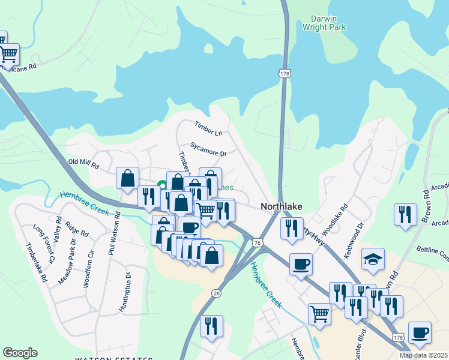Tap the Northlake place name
[x=281, y=206]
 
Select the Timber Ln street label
[x=208, y=127]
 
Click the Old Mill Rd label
[x=83, y=163]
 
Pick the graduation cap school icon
[x=373, y=259]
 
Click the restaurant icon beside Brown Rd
[x=406, y=214]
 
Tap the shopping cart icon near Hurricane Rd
[x=8, y=55]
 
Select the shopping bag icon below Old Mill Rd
[x=127, y=178]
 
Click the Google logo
[x=20, y=353]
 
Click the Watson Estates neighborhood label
[x=113, y=358]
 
